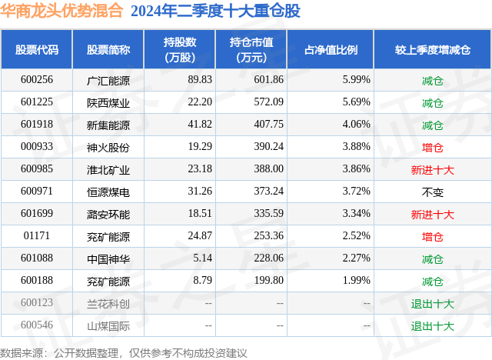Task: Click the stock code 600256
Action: coord(37,79)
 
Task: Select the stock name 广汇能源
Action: coord(108,79)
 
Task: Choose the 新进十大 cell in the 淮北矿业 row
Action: coord(433,169)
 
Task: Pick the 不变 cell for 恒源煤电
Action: coord(433,192)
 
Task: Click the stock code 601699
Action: coord(37,215)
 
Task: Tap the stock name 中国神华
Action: coord(108,259)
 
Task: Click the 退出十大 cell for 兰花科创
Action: coord(433,304)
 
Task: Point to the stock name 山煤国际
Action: coord(108,326)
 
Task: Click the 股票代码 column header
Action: coord(37,50)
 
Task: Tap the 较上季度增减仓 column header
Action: coord(433,50)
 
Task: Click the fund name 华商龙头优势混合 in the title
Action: coord(61,12)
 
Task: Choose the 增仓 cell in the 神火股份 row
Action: coord(433,147)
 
